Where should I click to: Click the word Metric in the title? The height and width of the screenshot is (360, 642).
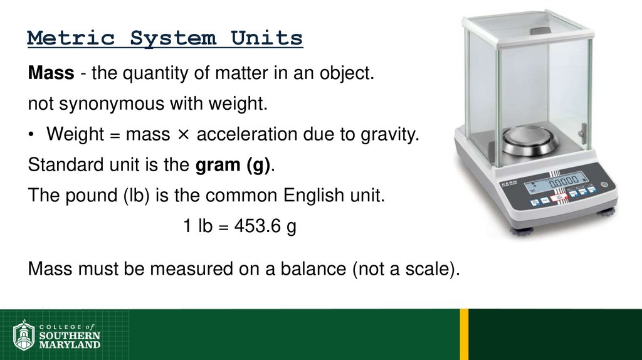[x=71, y=38]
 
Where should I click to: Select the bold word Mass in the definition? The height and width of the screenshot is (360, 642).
[x=51, y=74]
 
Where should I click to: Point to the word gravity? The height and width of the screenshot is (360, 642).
[x=389, y=135]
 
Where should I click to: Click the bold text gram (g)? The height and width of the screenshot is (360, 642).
[x=233, y=165]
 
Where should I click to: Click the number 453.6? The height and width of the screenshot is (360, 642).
[x=256, y=226]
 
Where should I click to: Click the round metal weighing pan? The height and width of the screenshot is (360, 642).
[x=530, y=140]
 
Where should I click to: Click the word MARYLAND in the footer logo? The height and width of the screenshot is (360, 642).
[x=70, y=345]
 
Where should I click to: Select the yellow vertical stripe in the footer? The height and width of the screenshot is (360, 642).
[x=464, y=334]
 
